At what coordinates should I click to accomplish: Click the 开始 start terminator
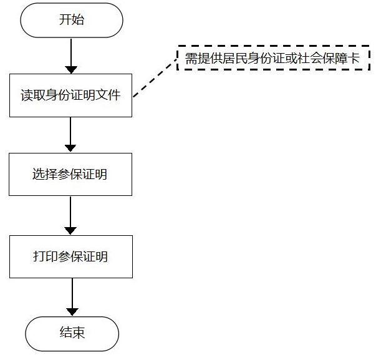click(x=72, y=20)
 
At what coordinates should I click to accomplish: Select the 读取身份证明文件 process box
click(x=70, y=95)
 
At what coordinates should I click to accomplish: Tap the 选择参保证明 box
click(x=70, y=174)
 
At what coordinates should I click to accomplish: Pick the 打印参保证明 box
click(x=70, y=256)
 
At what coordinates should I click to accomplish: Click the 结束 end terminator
click(x=72, y=333)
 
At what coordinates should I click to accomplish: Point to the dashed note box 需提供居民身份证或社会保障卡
click(x=272, y=58)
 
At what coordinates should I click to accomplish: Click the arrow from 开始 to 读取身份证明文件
click(x=72, y=54)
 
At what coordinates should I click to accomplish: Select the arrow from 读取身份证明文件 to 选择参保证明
click(x=70, y=134)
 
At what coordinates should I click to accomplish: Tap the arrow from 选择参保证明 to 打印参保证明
click(x=70, y=215)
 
